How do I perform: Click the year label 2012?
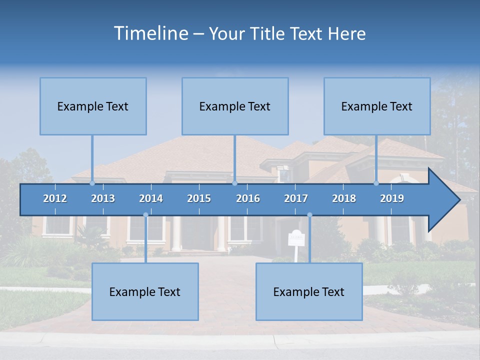(55, 198)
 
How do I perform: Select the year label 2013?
(103, 198)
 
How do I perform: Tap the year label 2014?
(151, 198)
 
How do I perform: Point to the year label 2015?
(199, 198)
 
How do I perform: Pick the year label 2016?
(248, 198)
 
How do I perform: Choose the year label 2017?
(296, 198)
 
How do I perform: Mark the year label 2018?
(344, 198)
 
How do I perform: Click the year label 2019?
(392, 198)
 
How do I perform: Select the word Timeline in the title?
(150, 33)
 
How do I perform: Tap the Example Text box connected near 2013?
(93, 106)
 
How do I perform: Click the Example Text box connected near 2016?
(235, 106)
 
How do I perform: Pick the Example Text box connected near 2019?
(377, 106)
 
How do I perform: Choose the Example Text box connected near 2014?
(145, 292)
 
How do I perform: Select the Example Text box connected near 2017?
(309, 292)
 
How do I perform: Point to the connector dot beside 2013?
(92, 183)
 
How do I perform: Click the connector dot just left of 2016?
(234, 183)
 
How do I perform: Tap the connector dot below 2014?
(145, 215)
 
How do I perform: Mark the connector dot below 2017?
(309, 215)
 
